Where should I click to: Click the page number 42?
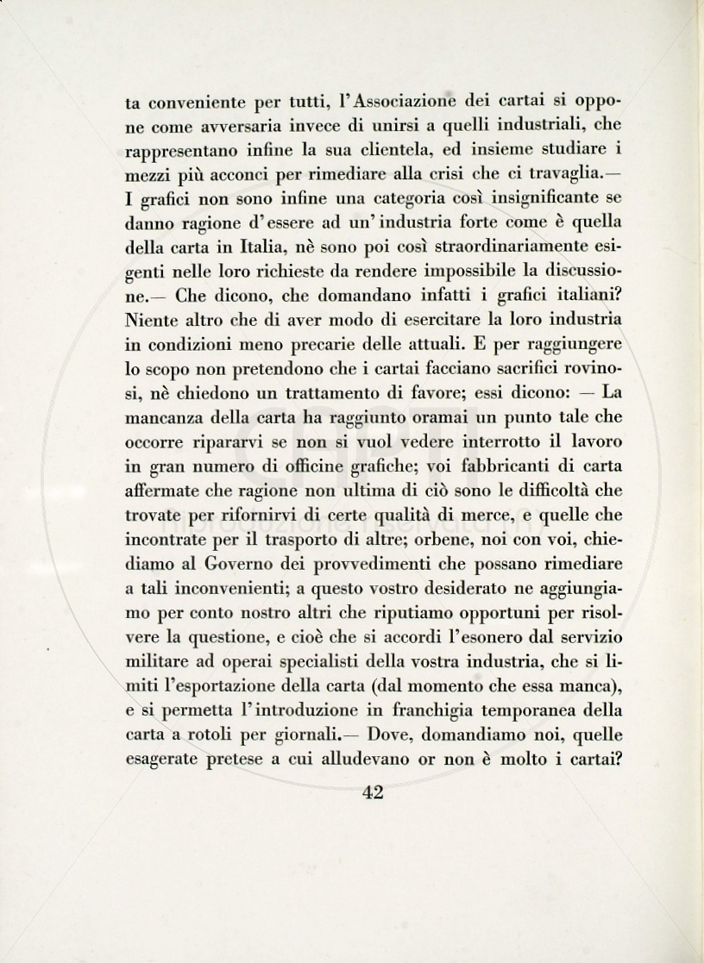[373, 793]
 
